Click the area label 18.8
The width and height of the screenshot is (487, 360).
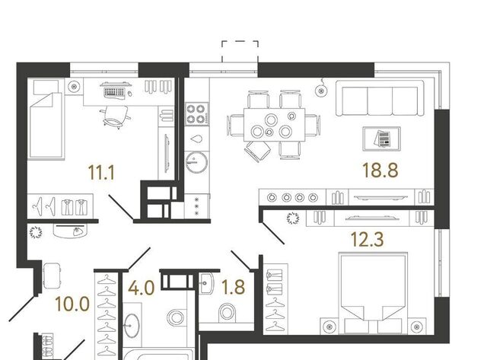380,170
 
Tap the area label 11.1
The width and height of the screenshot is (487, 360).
101,173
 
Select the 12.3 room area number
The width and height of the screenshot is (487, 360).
367,239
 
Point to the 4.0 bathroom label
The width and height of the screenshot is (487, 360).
142,288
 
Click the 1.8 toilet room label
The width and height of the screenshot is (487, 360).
234,287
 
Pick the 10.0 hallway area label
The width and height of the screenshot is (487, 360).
72,304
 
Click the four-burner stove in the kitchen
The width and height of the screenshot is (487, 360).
196,114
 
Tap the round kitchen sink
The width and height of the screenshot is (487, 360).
196,161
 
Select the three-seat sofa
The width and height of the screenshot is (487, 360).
380,98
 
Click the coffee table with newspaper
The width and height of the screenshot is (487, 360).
381,139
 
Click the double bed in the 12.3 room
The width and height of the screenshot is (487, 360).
374,293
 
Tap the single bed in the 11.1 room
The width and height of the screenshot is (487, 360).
46,120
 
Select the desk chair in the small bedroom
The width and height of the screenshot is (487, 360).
116,116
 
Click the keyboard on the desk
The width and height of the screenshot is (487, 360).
114,92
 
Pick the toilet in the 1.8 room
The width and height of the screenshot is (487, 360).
227,313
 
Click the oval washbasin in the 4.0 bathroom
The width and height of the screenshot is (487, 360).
132,325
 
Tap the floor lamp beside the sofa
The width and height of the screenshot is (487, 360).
321,90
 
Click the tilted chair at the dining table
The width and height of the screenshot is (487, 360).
257,151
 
